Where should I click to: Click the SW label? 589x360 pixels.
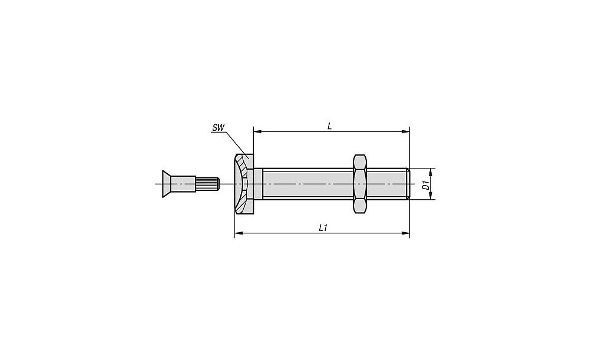coord(219,127)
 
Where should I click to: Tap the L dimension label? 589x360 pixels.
coord(329,126)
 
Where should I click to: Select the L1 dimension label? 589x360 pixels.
coord(323,227)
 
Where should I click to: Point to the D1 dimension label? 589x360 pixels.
coord(426,184)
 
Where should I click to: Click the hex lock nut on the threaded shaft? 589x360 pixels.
coord(360,184)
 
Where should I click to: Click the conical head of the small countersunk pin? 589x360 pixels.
coord(167,184)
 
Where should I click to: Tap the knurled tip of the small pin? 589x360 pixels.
coord(207,184)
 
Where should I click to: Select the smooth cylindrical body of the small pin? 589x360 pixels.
coord(183,184)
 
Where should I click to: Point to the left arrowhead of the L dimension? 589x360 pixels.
coord(257,131)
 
